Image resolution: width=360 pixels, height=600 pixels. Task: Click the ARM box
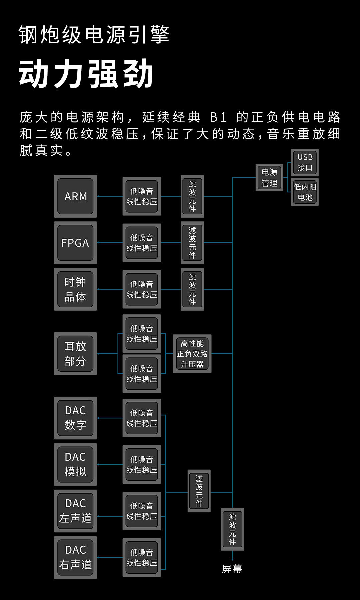tap(75, 196)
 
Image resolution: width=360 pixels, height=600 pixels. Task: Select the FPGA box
tap(75, 243)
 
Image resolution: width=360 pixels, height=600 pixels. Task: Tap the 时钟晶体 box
tap(75, 289)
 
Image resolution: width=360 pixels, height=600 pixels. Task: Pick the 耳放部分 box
tap(75, 354)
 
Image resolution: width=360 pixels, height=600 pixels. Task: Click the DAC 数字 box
tap(75, 418)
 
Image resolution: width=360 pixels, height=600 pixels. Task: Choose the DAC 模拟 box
tap(75, 464)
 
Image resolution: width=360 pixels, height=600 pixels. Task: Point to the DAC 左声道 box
tap(75, 511)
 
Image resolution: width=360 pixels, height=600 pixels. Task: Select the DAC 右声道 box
tap(75, 557)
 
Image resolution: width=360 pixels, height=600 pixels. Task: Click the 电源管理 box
tap(269, 177)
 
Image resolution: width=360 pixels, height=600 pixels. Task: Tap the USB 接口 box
tap(305, 162)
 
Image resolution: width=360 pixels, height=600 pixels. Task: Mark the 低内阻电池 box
tap(305, 192)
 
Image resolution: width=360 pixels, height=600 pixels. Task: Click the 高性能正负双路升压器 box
tap(192, 354)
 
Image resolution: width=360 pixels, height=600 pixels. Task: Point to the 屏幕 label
tap(232, 569)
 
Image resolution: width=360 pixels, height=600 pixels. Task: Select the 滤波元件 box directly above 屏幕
tap(232, 529)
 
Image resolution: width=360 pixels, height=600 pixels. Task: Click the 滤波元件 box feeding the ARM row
tap(192, 196)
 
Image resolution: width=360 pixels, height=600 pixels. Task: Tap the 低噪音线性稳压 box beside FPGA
tap(142, 243)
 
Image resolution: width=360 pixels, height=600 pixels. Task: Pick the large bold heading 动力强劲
tap(86, 74)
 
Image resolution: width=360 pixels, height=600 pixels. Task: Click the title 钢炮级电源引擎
tap(94, 35)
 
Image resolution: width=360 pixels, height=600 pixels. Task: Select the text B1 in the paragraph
tap(218, 117)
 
